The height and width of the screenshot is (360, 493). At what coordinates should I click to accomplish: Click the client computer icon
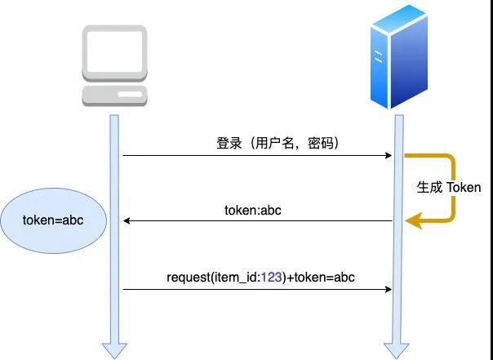tap(114, 65)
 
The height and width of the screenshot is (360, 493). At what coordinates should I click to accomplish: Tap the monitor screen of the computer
tap(114, 51)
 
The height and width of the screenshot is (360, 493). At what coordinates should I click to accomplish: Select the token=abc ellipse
tap(54, 221)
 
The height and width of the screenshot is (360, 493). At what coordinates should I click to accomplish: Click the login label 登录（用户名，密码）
tap(278, 143)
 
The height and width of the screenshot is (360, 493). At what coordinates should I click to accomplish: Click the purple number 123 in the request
tap(272, 278)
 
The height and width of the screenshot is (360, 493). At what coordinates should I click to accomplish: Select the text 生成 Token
tap(449, 187)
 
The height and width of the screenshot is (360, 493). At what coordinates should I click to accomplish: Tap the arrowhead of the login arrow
tap(389, 155)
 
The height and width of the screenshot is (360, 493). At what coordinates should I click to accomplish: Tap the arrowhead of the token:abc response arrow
tap(127, 220)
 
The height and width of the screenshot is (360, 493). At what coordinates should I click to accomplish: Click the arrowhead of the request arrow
tap(389, 288)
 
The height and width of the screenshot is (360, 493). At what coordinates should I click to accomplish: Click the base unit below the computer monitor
tap(114, 94)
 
